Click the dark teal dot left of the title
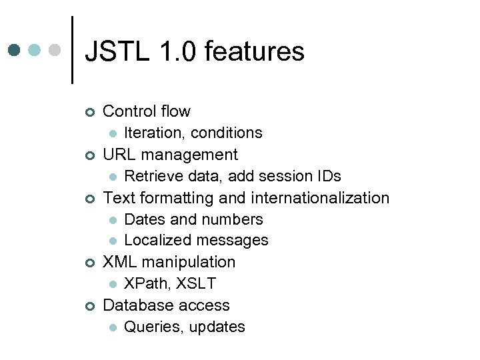point(15,51)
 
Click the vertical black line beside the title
point(72,50)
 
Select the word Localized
point(155,240)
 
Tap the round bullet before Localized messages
point(113,241)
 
